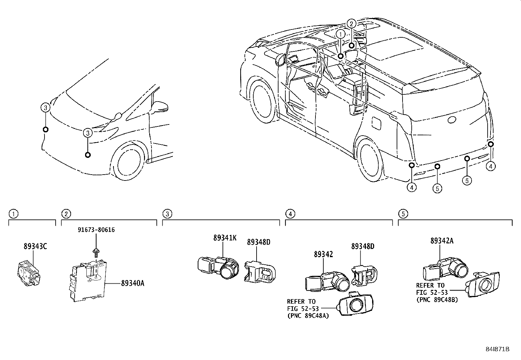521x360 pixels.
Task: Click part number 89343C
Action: tap(35, 246)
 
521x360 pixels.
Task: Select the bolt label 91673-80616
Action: tap(96, 230)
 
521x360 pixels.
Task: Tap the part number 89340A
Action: tap(133, 283)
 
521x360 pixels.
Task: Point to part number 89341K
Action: tap(225, 238)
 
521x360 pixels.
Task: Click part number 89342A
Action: tap(441, 241)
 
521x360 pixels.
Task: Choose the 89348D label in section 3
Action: tap(259, 242)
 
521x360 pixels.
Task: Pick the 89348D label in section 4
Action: tap(363, 246)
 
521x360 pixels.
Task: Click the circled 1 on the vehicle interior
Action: tap(341, 34)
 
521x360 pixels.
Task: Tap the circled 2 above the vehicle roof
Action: tap(351, 24)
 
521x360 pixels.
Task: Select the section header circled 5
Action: tap(403, 214)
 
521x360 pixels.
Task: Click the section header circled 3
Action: tap(167, 214)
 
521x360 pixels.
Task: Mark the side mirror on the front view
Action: tap(160, 106)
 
